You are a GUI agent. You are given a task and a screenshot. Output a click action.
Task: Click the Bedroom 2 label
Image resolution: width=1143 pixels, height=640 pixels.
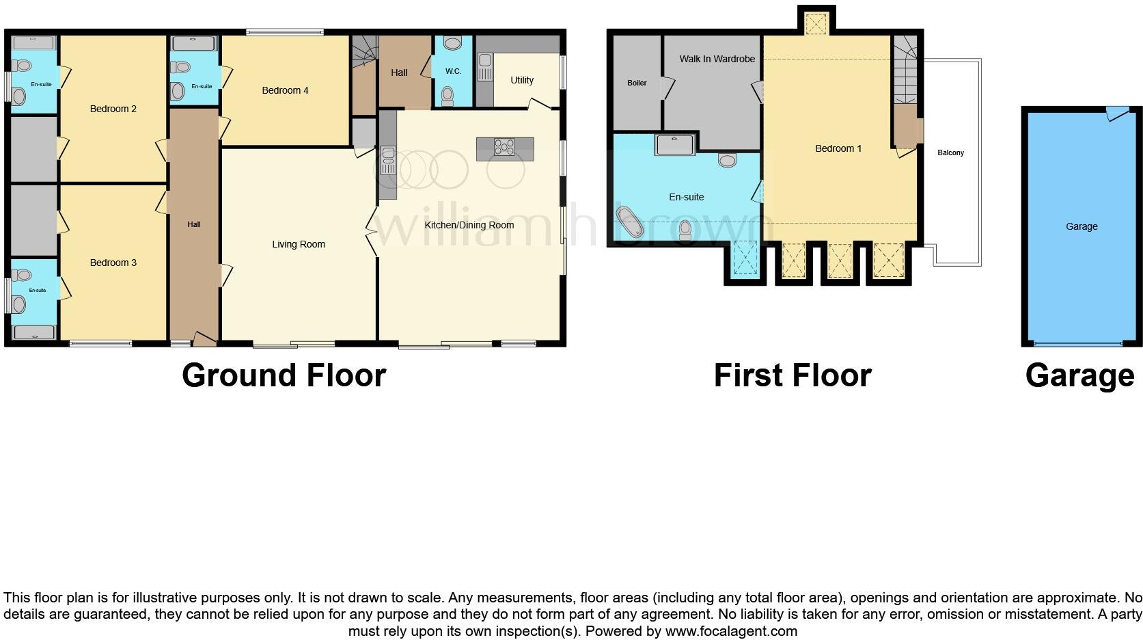tap(113, 109)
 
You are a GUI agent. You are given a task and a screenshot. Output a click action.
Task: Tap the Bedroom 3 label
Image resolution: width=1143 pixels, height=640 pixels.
tap(113, 263)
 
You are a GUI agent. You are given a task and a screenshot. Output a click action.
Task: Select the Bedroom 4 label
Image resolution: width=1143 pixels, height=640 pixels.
tap(285, 90)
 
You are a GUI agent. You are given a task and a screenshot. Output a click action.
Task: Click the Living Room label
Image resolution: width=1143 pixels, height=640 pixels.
tap(299, 244)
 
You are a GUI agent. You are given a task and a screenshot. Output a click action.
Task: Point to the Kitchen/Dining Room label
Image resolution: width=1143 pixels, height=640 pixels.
tap(469, 225)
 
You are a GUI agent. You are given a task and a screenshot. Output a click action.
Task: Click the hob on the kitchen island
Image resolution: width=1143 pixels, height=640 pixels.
tap(505, 146)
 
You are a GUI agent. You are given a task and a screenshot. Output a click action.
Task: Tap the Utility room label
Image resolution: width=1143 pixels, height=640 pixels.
tap(521, 80)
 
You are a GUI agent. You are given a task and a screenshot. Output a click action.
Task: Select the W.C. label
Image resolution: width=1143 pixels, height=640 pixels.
tap(453, 71)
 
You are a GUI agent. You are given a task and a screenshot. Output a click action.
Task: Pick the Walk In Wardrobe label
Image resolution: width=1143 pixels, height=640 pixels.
tap(717, 59)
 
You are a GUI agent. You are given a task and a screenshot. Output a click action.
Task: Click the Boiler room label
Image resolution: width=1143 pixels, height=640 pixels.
tap(637, 83)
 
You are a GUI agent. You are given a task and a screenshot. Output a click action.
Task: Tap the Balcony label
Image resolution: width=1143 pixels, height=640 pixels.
tap(950, 152)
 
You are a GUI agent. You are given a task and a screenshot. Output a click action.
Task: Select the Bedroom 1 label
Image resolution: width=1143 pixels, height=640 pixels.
tap(838, 148)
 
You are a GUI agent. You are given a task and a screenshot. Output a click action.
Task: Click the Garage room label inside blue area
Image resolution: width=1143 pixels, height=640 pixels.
tap(1082, 226)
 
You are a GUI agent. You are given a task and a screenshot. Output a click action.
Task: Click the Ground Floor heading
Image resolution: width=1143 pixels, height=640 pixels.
tap(284, 375)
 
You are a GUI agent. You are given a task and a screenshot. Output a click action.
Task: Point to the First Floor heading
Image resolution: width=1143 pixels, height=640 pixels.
tap(793, 375)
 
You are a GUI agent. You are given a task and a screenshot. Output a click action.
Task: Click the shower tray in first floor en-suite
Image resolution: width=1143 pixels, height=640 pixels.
tap(674, 145)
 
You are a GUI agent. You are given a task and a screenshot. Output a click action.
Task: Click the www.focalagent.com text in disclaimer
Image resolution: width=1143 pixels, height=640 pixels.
tap(731, 630)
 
